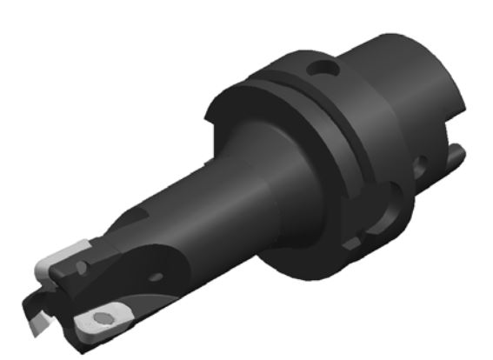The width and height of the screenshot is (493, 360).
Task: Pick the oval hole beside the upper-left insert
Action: coord(93,258)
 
